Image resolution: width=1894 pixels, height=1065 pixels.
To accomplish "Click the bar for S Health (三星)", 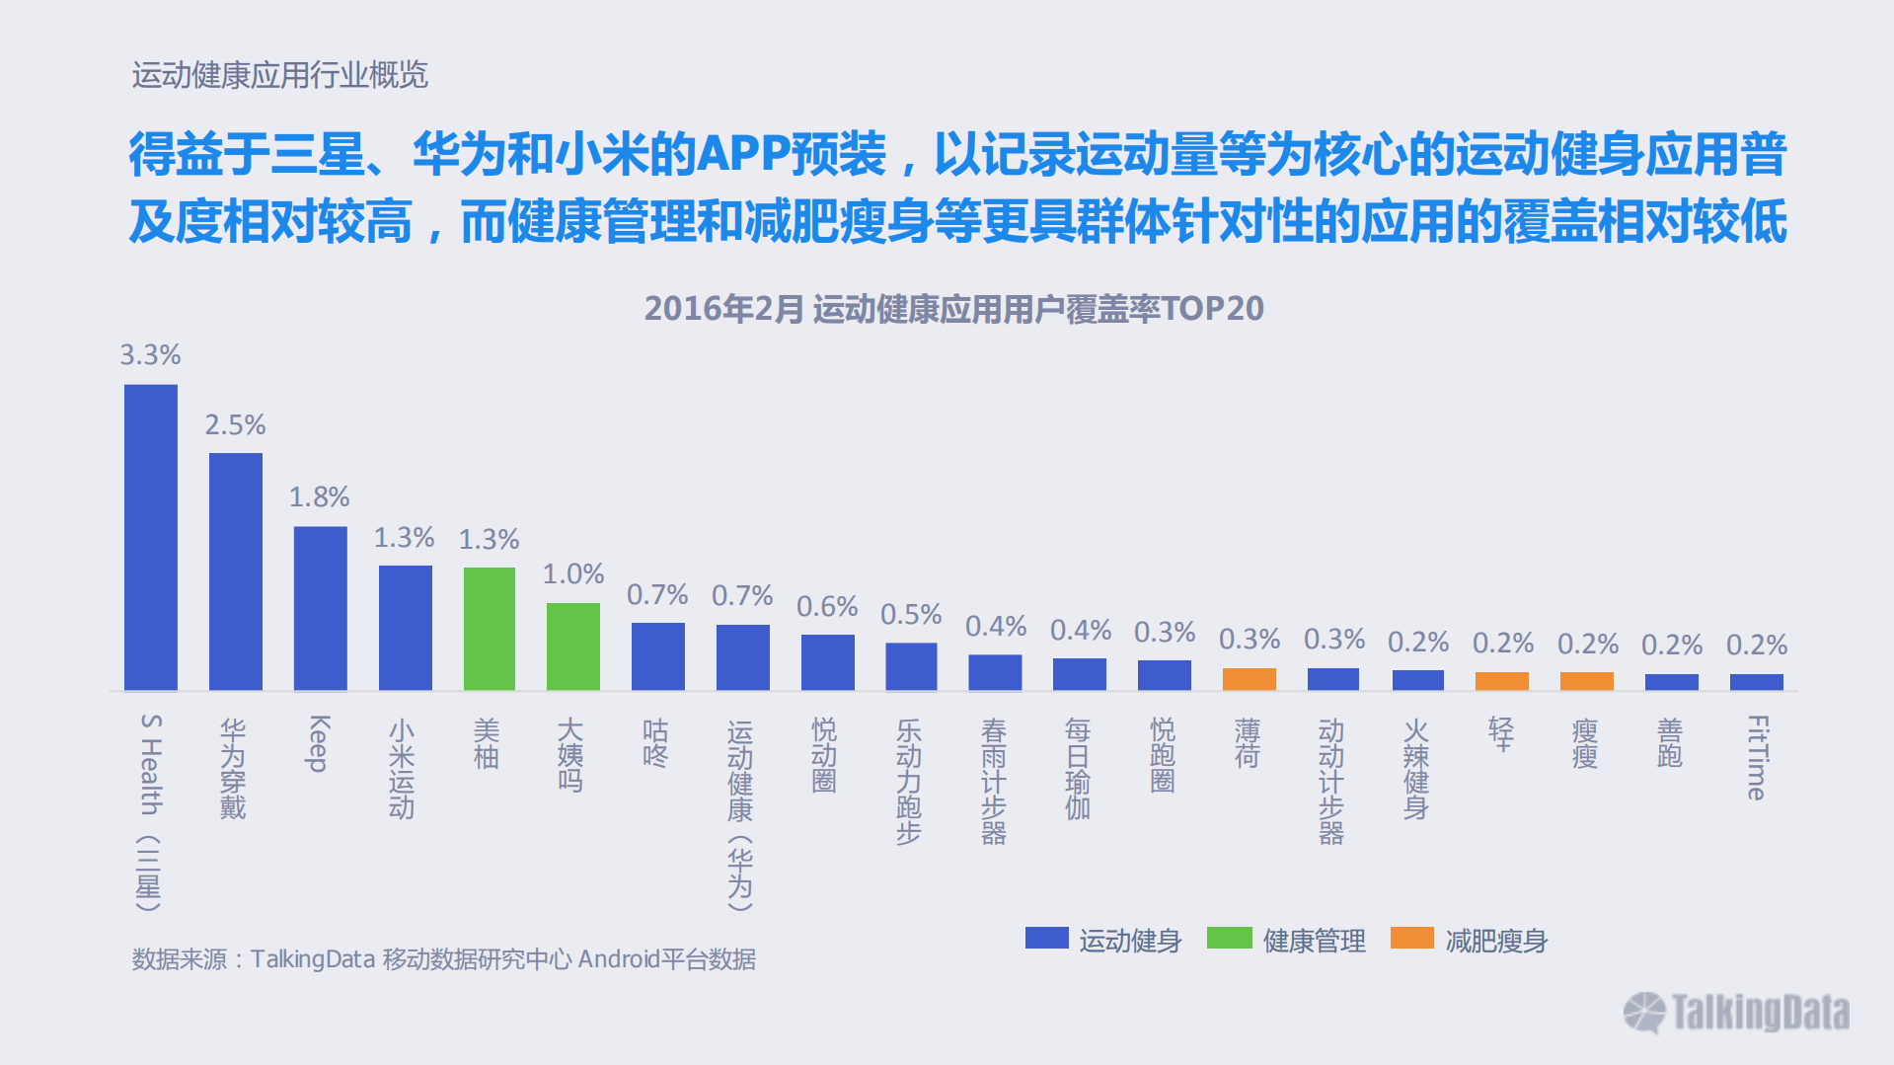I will pos(151,537).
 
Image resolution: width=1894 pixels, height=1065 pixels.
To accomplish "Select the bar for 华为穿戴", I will pos(236,571).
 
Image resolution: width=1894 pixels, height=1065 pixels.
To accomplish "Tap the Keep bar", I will pos(321,608).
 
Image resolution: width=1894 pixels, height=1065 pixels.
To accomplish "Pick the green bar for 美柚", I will pos(490,629).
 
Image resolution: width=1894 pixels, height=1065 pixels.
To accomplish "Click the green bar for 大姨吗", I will pos(573,647).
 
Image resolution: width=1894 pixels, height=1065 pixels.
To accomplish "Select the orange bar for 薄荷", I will pos(1250,679).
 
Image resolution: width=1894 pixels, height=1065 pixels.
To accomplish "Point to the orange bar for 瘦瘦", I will pos(1587,681).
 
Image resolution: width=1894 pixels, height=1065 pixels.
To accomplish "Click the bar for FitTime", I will pos(1757,682).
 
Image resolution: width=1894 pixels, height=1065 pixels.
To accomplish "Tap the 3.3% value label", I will pos(151,355).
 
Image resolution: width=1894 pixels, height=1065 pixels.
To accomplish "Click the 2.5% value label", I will pos(236,425).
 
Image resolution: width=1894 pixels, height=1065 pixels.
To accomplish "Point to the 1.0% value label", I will pos(573,574).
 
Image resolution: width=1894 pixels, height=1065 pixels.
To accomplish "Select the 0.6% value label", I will pos(827,607).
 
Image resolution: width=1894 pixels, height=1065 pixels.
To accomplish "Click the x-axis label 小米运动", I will pos(402,769).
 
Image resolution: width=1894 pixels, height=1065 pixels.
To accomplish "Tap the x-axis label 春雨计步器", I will pos(994,782).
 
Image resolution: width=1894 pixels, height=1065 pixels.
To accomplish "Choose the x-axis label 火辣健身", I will pos(1416,769).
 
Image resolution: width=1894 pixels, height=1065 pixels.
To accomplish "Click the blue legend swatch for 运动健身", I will pos(1046,938).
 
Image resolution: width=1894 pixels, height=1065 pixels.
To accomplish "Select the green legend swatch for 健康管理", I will pos(1229,938).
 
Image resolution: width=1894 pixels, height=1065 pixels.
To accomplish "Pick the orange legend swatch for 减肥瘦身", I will pos(1411,938).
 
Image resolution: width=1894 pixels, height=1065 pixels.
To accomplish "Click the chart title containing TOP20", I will pos(953,309).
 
